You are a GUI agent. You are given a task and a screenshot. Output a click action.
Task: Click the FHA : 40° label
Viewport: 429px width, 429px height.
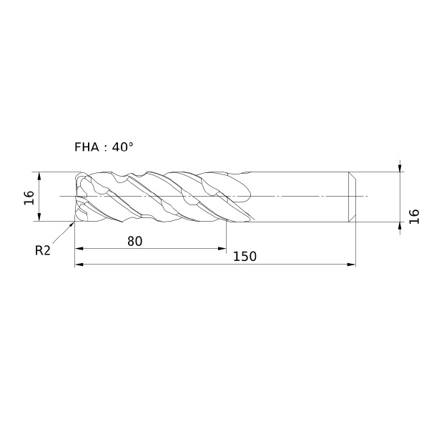[104, 147]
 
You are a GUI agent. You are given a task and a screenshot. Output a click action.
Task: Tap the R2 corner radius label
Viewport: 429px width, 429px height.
[43, 250]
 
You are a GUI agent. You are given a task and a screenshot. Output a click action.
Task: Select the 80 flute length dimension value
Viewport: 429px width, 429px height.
[135, 242]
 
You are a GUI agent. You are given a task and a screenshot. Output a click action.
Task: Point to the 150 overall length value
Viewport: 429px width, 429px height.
[245, 257]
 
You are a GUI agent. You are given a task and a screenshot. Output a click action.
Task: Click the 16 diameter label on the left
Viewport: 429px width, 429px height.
[29, 197]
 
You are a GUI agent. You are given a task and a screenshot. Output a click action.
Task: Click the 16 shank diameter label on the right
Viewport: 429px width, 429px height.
[414, 217]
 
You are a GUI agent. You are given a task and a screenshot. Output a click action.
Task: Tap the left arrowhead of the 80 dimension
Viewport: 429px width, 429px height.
[79, 248]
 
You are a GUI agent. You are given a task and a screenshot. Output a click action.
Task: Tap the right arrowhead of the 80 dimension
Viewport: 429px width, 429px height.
[222, 248]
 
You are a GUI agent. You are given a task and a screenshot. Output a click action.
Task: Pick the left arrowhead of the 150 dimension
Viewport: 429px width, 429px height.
[79, 265]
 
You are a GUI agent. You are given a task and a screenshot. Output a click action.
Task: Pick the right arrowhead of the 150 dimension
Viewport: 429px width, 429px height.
[351, 265]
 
